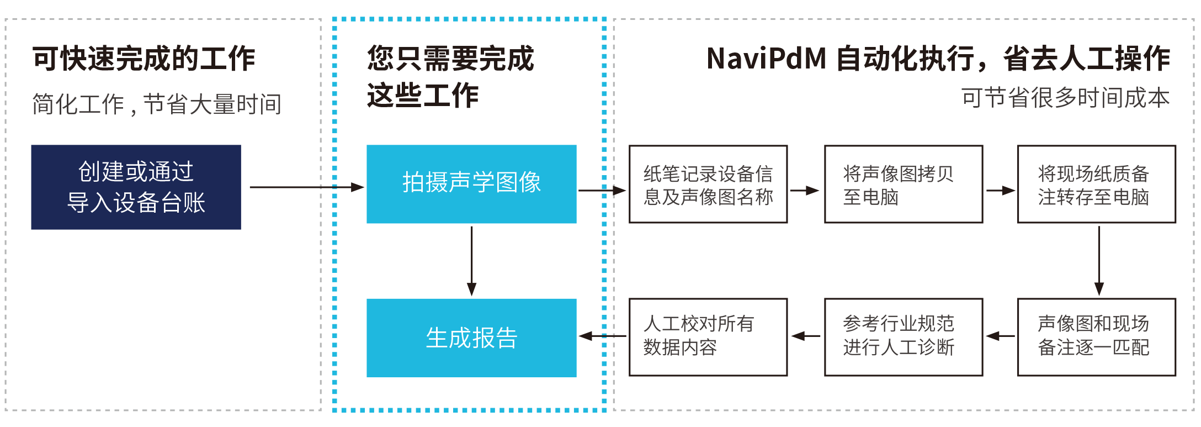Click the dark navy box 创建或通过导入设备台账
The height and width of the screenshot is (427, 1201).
pyautogui.click(x=136, y=187)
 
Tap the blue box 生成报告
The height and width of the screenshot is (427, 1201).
pyautogui.click(x=471, y=338)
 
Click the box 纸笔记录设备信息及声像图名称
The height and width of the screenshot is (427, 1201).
pyautogui.click(x=708, y=184)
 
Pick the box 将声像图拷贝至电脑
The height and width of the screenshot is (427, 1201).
pyautogui.click(x=903, y=184)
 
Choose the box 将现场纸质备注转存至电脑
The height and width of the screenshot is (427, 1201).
pyautogui.click(x=1096, y=184)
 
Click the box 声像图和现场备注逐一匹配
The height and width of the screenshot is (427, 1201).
pyautogui.click(x=1096, y=337)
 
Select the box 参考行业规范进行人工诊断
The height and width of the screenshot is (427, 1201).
pyautogui.click(x=903, y=337)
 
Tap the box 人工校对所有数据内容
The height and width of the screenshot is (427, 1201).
pyautogui.click(x=708, y=337)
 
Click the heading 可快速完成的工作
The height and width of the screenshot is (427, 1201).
pyautogui.click(x=144, y=59)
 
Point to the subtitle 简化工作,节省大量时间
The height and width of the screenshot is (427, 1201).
pyautogui.click(x=157, y=104)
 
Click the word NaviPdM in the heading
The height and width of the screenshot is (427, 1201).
pyautogui.click(x=766, y=59)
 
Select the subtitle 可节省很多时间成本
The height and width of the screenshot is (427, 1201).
pyautogui.click(x=1065, y=98)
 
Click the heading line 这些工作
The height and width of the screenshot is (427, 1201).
pyautogui.click(x=423, y=96)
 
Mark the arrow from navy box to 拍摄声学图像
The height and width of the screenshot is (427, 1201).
pyautogui.click(x=306, y=187)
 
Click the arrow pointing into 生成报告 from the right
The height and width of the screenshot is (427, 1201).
pyautogui.click(x=603, y=336)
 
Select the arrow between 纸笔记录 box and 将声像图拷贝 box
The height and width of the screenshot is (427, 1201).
pyautogui.click(x=805, y=191)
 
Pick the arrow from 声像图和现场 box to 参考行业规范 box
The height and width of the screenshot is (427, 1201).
pyautogui.click(x=1000, y=336)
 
